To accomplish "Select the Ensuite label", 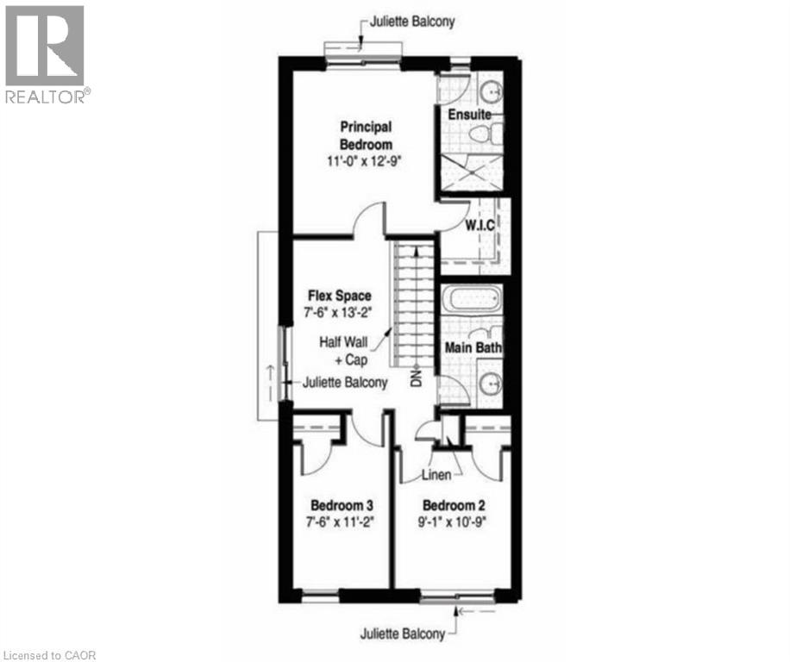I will (468, 114).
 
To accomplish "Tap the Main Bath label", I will (473, 347).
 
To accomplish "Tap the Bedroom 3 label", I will (341, 504).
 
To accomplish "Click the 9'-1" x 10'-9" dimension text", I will (453, 521).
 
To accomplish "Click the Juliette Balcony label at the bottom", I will (403, 634).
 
